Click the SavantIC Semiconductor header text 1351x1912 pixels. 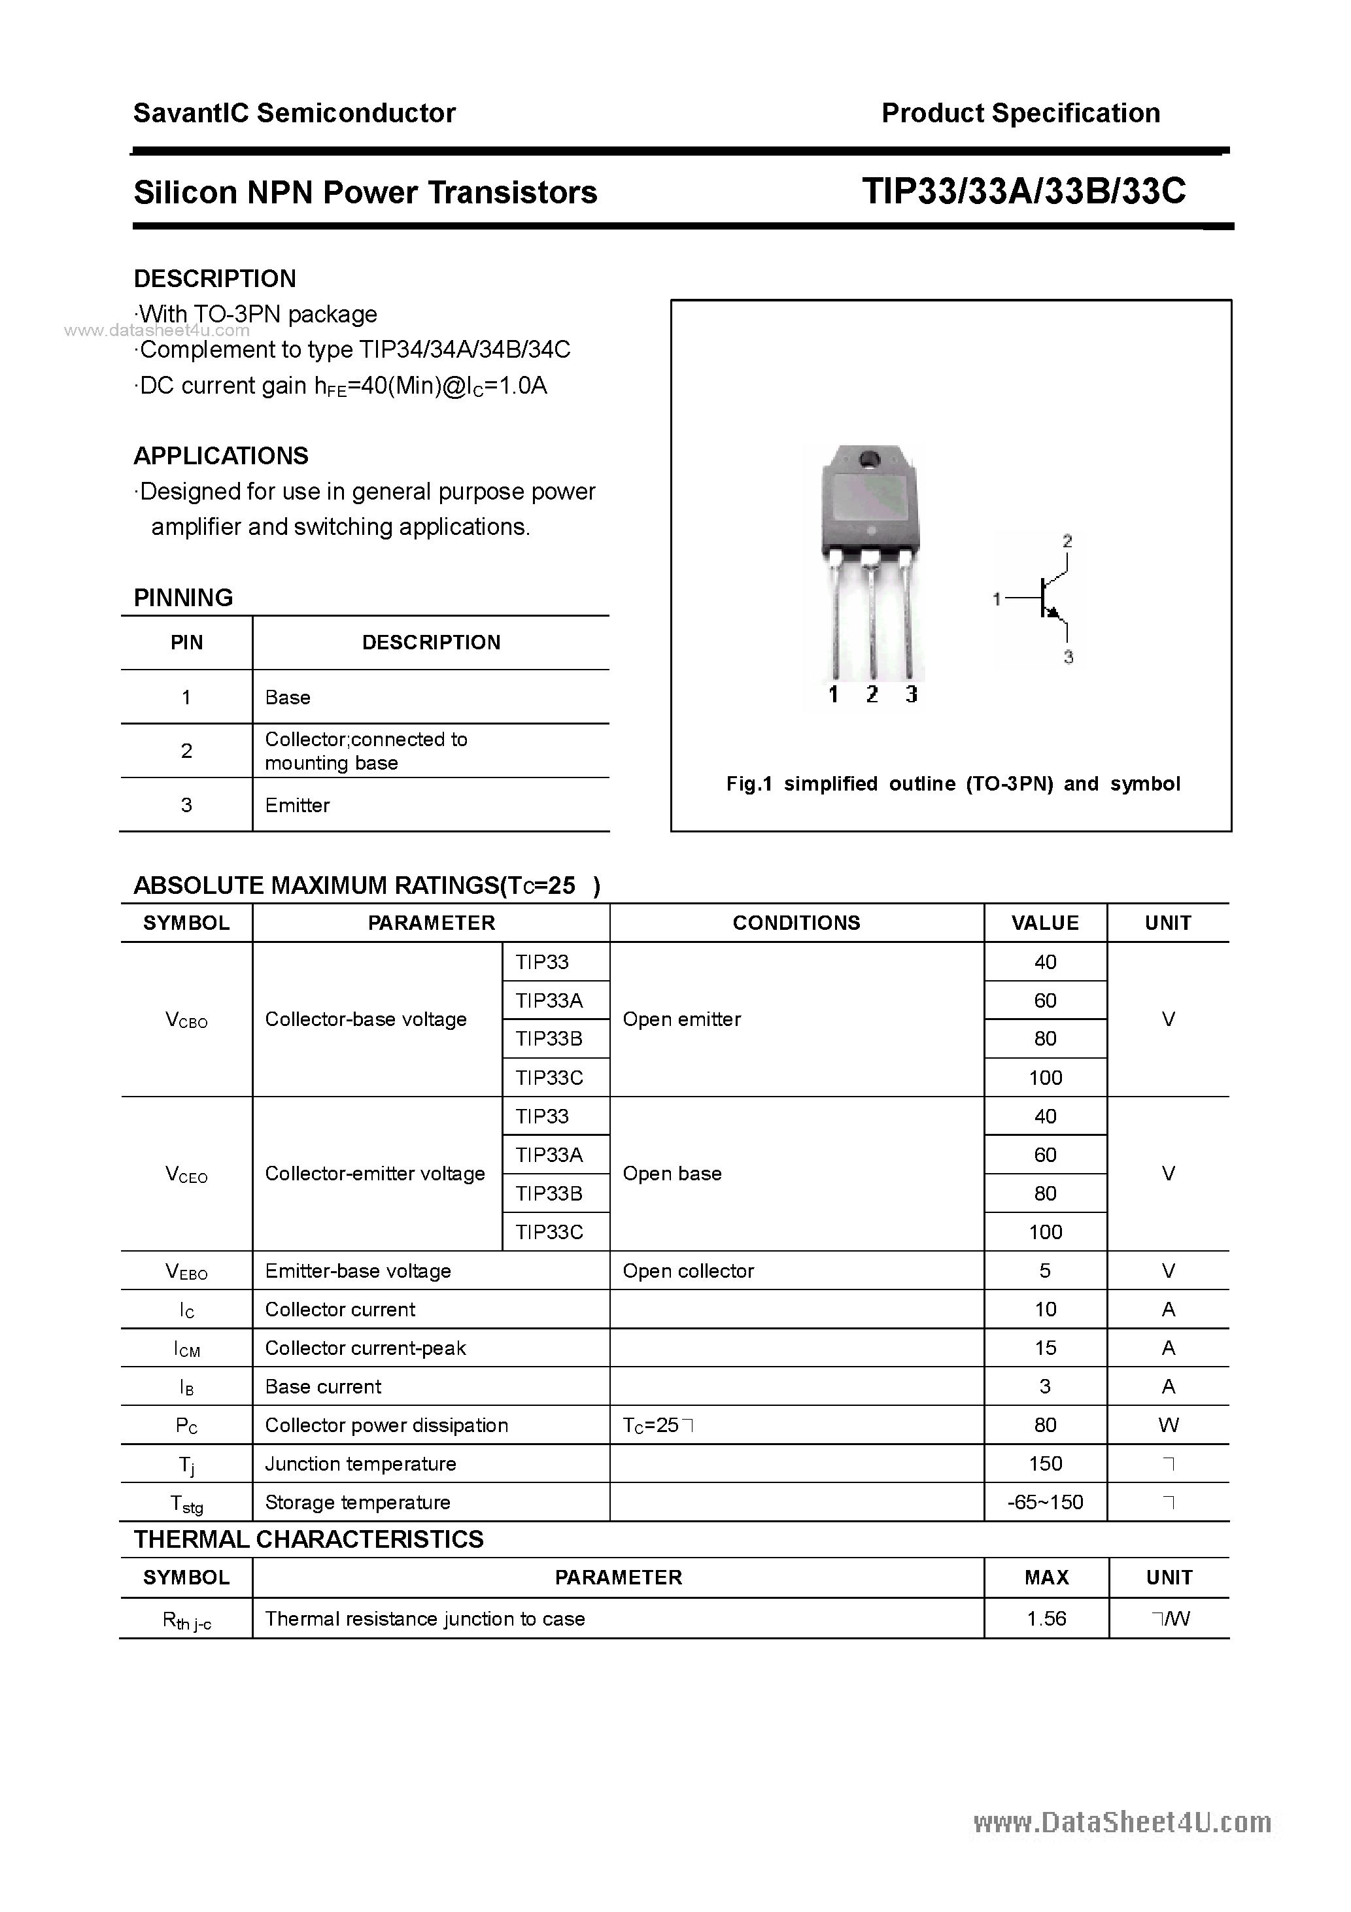pos(294,113)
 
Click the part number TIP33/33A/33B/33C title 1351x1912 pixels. pos(1023,192)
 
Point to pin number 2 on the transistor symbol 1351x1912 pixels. pos(1067,541)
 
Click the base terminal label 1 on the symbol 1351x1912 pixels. pos(996,599)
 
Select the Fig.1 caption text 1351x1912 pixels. pos(953,783)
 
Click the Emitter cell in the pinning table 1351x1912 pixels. pos(298,805)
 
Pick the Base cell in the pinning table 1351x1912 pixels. pos(287,698)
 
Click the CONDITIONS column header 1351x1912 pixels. pos(796,923)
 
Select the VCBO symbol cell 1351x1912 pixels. pos(186,1019)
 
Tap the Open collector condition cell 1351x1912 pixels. pos(688,1271)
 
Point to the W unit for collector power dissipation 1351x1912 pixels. pos(1168,1425)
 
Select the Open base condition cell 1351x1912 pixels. pos(672,1173)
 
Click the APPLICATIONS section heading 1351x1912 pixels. pos(221,456)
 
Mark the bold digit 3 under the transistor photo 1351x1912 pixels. pos(911,694)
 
